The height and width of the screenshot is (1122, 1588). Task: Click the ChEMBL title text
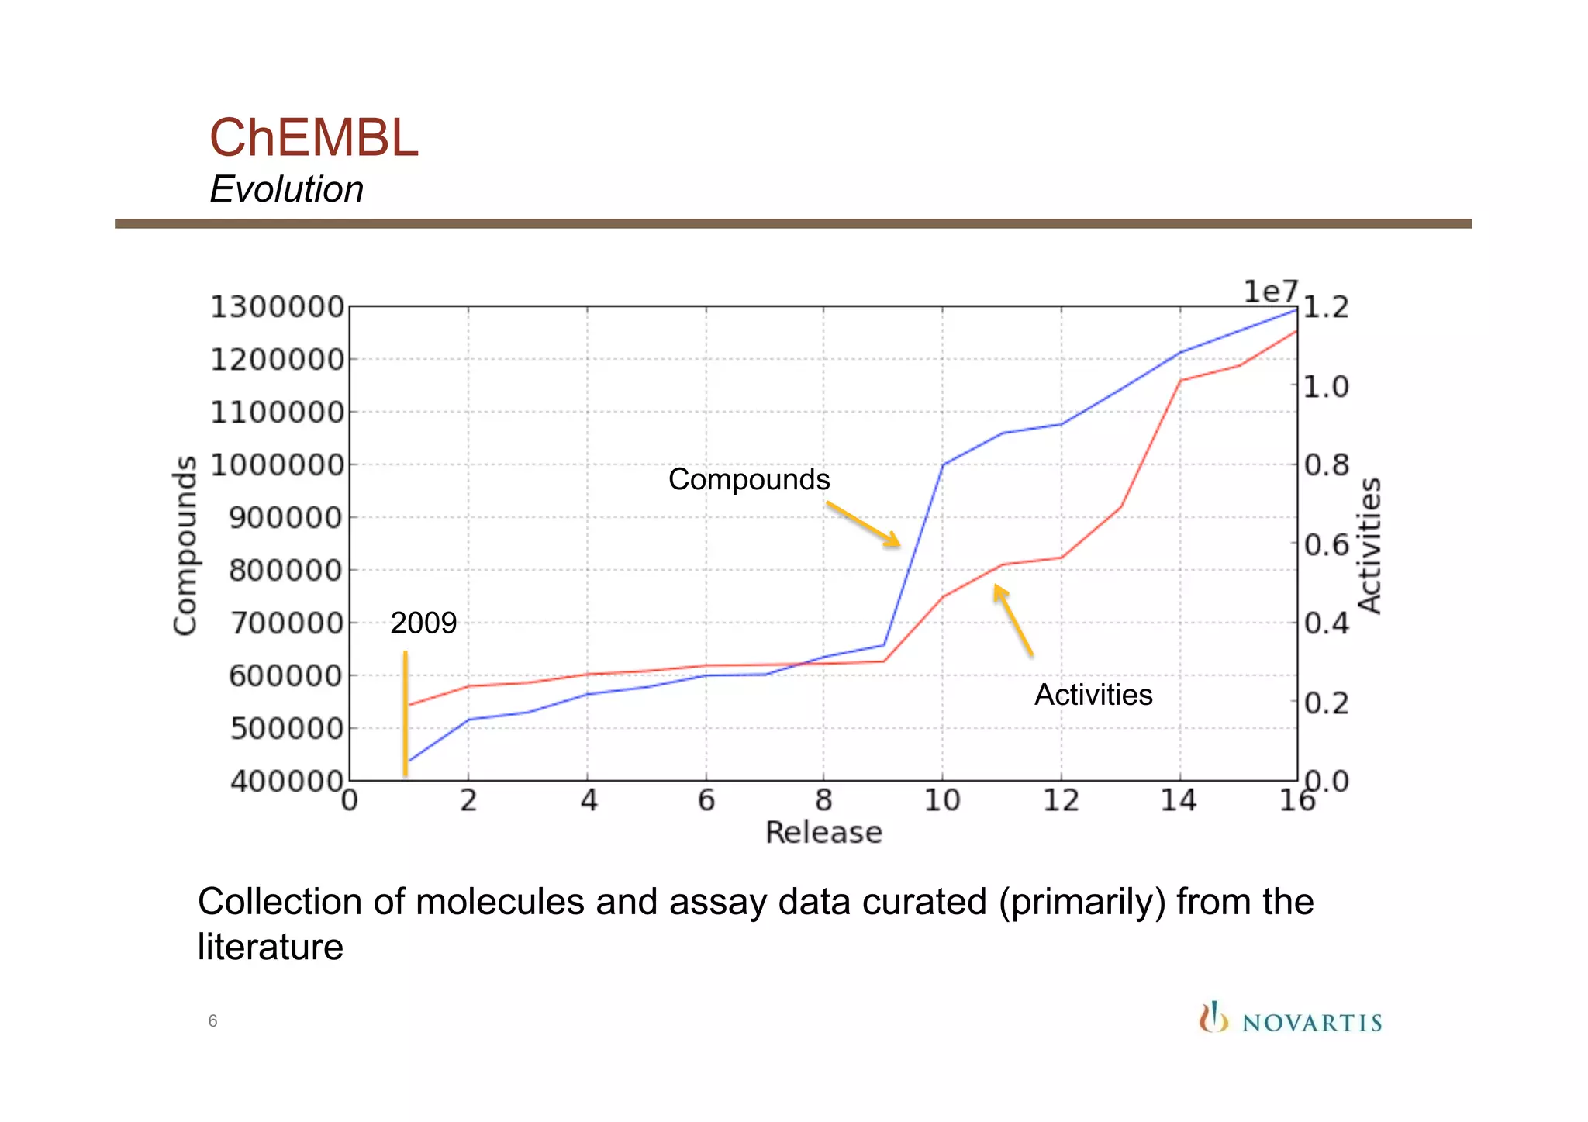tap(313, 138)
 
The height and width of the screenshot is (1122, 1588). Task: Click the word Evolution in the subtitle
tap(286, 189)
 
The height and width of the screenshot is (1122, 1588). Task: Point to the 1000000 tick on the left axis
tap(277, 465)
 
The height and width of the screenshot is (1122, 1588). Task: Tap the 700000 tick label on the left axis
tap(285, 623)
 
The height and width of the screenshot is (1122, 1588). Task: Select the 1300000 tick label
tap(277, 307)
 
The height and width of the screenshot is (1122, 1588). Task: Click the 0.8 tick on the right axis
tap(1326, 465)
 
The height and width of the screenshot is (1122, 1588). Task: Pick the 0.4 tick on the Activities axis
tap(1326, 623)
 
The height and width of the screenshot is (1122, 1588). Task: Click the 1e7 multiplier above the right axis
tap(1270, 292)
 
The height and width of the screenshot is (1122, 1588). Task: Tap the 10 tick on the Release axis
tap(942, 800)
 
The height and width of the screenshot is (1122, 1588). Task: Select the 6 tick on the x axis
tap(706, 800)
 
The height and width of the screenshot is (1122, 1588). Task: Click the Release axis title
tap(823, 833)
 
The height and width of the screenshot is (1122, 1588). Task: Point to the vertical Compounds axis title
tap(185, 545)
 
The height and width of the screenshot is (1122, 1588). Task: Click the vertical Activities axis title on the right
tap(1370, 545)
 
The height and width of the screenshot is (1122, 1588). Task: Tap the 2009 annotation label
tap(423, 623)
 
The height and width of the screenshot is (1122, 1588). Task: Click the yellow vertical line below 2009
tap(405, 713)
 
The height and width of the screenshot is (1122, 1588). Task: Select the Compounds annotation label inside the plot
tap(748, 479)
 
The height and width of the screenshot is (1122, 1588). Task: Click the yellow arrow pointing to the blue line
tap(862, 523)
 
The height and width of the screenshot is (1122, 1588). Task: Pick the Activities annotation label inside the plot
tap(1093, 695)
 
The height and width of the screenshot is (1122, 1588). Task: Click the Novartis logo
tap(1290, 1019)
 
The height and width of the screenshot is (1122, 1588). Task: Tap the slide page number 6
tap(212, 1021)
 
